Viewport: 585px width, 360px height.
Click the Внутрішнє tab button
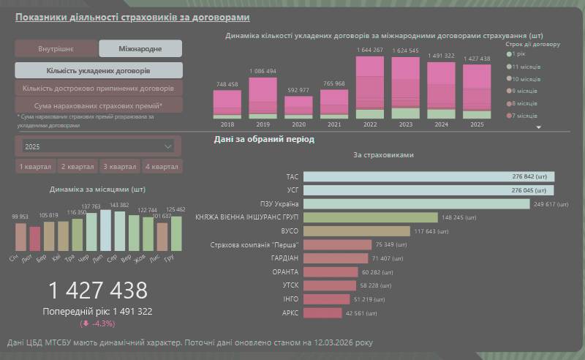(56, 49)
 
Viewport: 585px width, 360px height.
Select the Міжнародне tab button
(140, 49)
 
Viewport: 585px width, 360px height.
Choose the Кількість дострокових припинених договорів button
(98, 89)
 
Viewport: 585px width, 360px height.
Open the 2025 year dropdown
(98, 146)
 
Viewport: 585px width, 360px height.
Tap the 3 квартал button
(121, 167)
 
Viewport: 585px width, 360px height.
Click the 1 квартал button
(37, 167)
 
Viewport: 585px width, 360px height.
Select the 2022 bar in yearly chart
(370, 88)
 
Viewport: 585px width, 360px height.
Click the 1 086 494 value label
(263, 72)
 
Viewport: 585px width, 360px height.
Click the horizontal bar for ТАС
(429, 176)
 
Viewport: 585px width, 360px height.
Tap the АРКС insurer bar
(322, 313)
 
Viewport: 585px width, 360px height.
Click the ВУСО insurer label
(290, 231)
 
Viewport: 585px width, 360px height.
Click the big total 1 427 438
(98, 290)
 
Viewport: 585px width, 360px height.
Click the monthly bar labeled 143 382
(120, 230)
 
